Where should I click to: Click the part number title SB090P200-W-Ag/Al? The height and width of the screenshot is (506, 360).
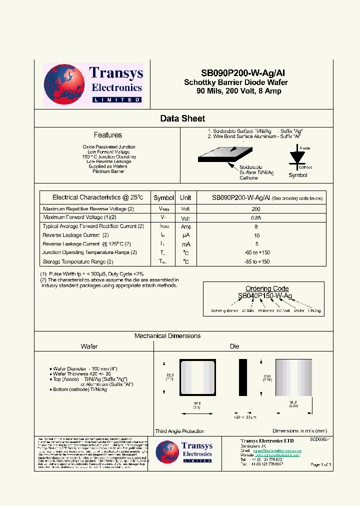[x=236, y=72]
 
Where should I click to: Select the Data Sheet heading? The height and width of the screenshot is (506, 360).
[x=182, y=118]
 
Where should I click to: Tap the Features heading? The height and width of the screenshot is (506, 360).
[x=107, y=135]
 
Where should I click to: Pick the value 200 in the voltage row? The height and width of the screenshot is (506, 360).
[x=255, y=209]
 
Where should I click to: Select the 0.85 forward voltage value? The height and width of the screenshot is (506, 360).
[x=255, y=218]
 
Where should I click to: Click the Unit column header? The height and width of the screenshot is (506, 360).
[x=185, y=197]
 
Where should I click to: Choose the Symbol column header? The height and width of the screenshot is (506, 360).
[x=163, y=197]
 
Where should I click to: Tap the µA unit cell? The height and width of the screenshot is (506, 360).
[x=185, y=235]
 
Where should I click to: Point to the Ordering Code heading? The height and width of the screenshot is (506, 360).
[x=266, y=288]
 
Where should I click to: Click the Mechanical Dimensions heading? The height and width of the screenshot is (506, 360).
[x=167, y=336]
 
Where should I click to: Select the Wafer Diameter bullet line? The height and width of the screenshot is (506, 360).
[x=82, y=368]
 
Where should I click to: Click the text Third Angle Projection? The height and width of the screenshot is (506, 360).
[x=179, y=431]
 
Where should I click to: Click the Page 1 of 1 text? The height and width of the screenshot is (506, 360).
[x=320, y=464]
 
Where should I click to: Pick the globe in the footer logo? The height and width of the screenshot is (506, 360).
[x=167, y=452]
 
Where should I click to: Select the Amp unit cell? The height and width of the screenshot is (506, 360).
[x=185, y=226]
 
